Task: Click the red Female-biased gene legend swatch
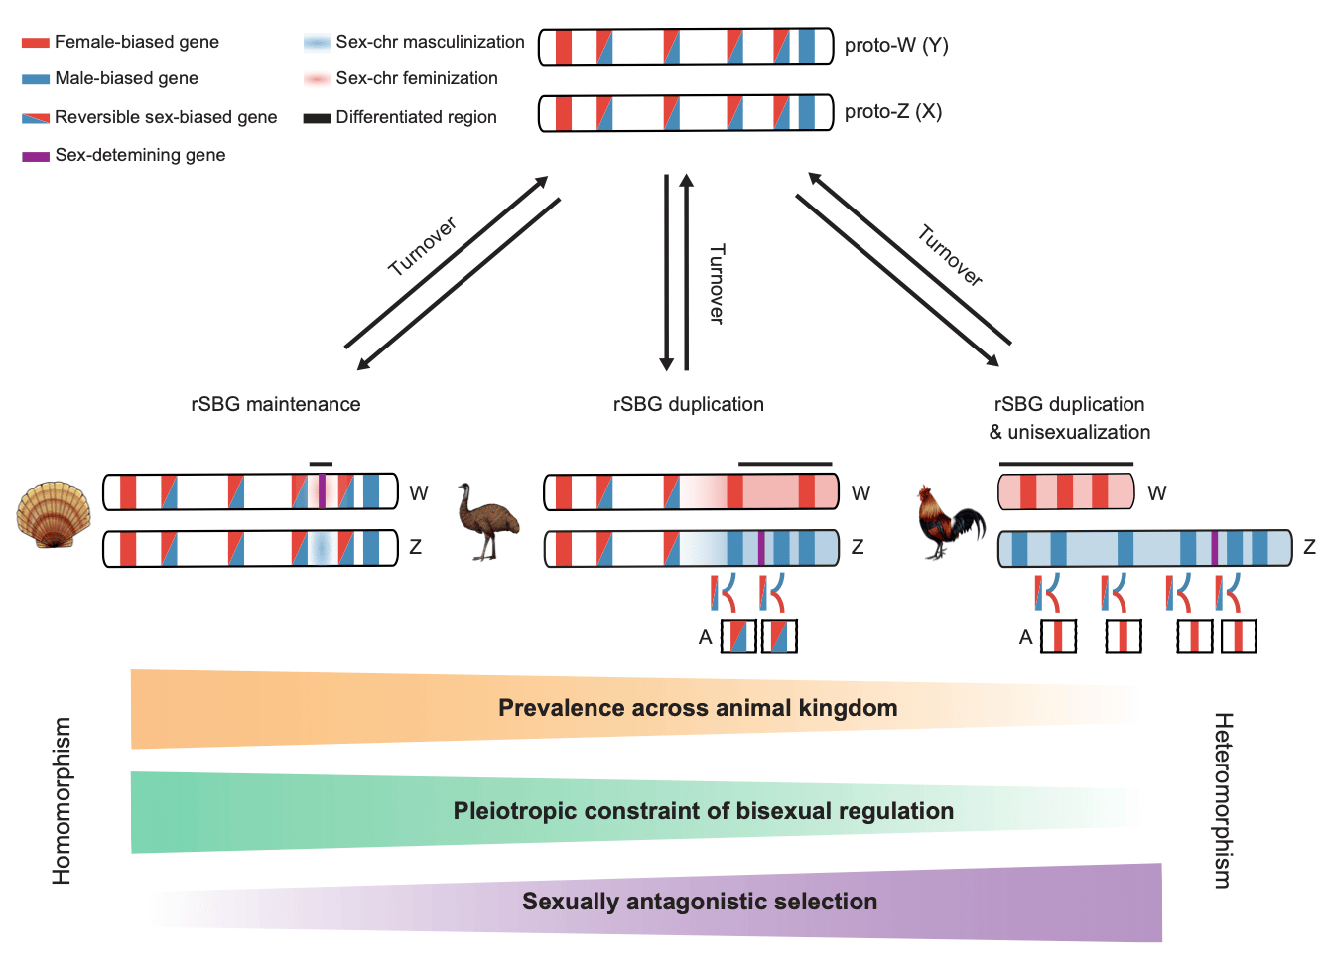36,43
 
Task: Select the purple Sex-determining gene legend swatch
36,156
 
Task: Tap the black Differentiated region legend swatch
317,118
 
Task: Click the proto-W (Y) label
895,46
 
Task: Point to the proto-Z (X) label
892,112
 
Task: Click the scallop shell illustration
54,515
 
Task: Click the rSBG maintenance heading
276,405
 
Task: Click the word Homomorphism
63,800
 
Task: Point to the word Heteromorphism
1223,799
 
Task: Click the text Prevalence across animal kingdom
697,708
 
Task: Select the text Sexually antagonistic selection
700,902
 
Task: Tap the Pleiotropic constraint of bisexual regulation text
703,811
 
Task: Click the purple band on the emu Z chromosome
761,548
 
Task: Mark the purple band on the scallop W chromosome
322,492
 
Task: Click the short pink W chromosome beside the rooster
1065,492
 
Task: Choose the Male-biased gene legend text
126,79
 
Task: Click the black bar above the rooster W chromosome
1065,464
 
